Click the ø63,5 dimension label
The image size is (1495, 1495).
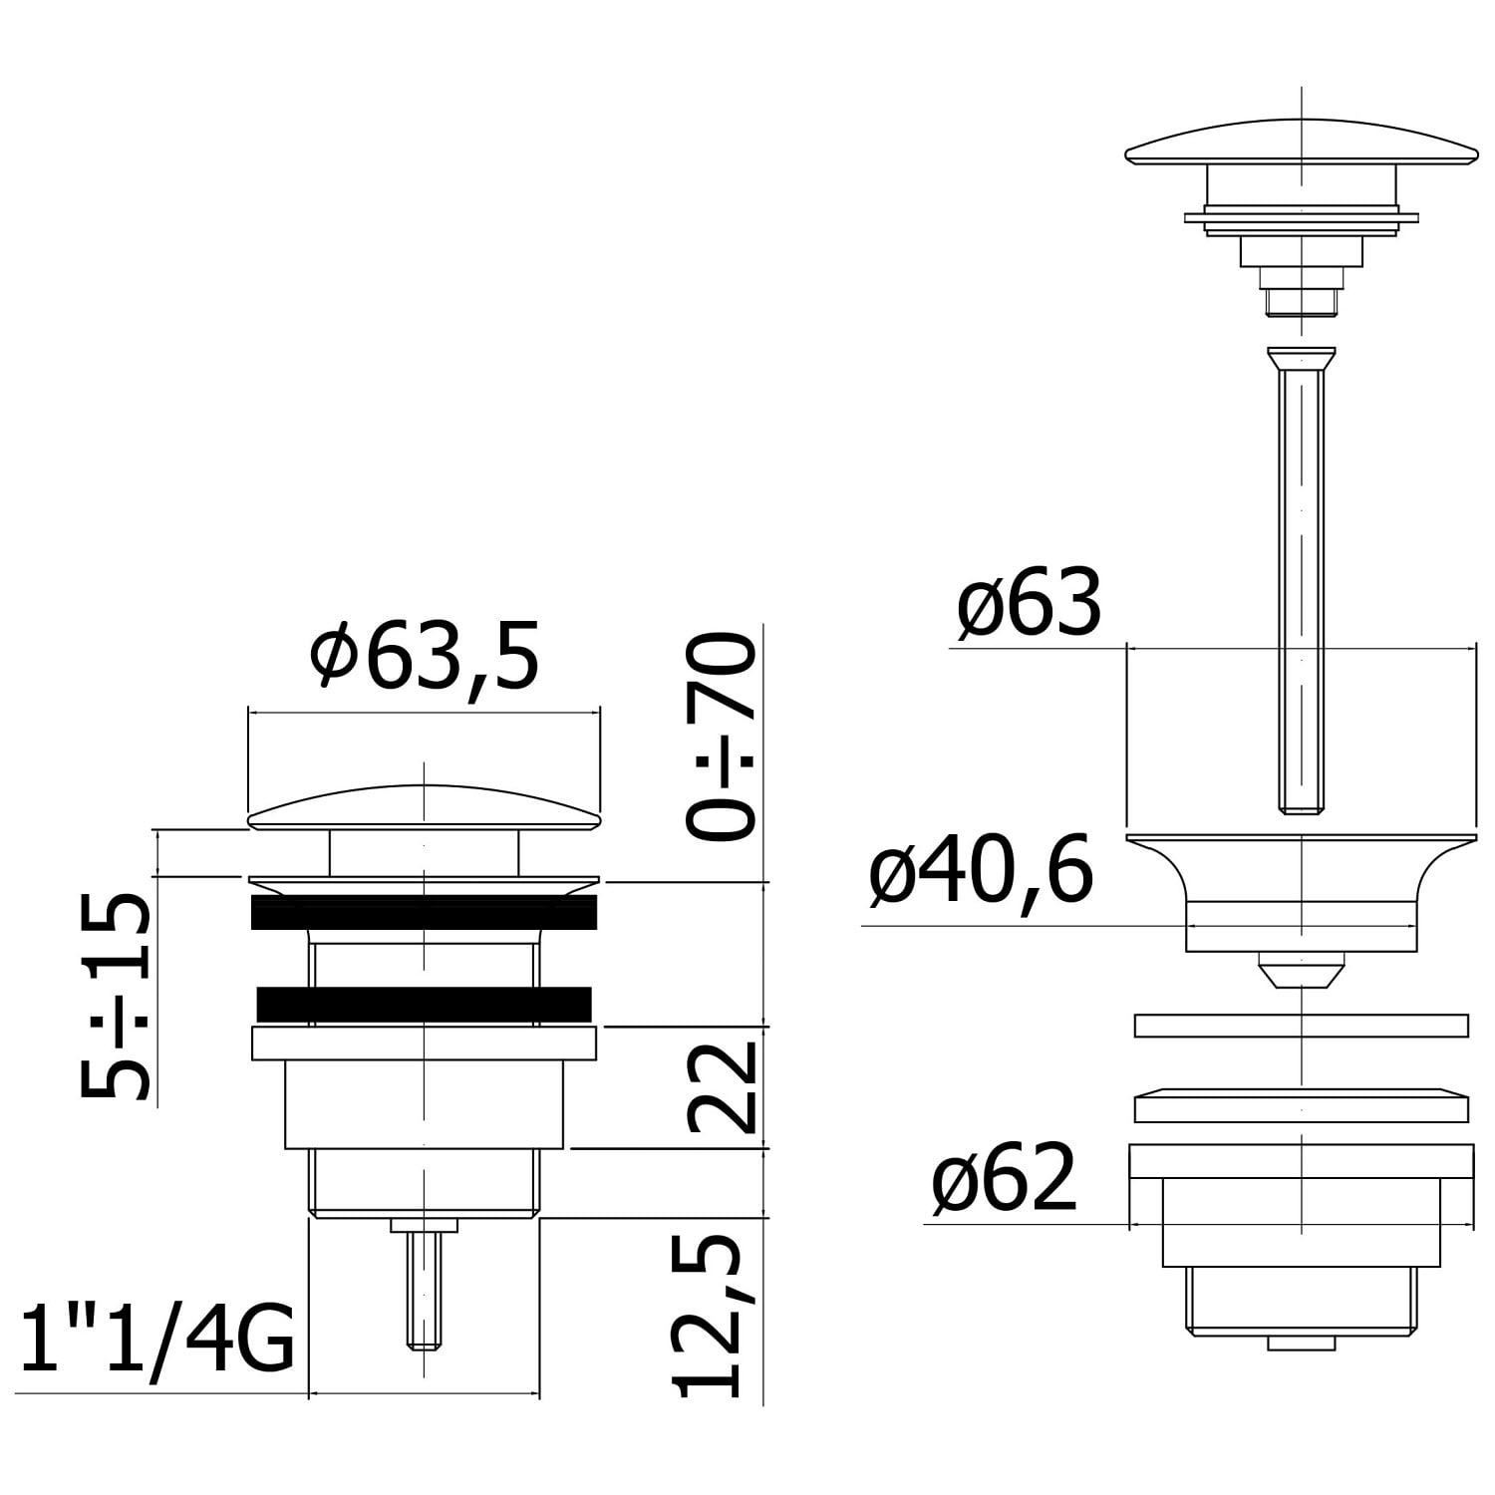(425, 655)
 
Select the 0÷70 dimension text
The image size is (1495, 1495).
(721, 737)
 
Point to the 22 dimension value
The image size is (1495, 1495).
(721, 1088)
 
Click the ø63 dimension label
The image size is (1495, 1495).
(1029, 603)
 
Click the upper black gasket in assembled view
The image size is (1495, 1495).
(425, 912)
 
